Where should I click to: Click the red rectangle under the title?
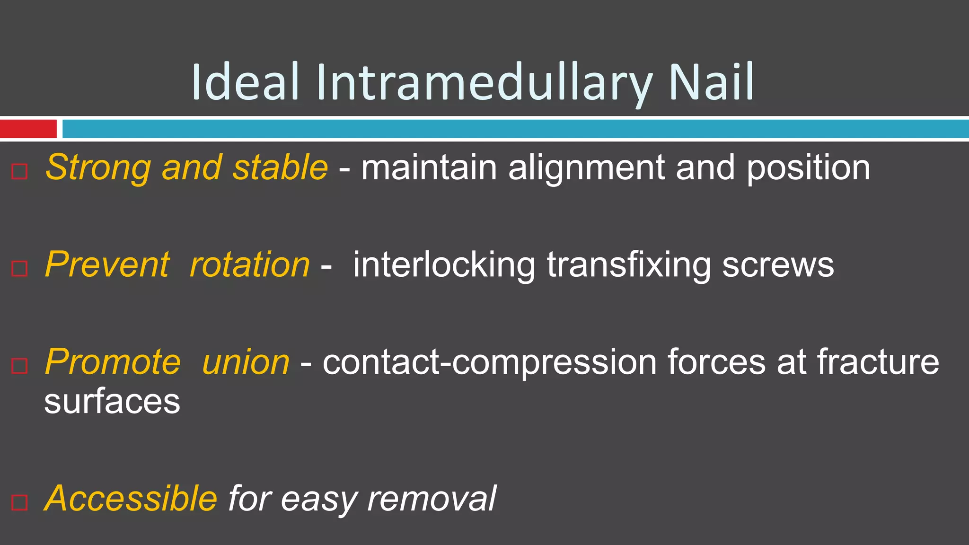(28, 129)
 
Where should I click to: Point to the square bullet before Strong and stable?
(19, 171)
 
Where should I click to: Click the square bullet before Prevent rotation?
(19, 268)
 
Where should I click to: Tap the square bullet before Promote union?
(19, 365)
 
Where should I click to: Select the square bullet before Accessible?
(19, 502)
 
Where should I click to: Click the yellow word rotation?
(249, 264)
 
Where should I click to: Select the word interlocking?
(444, 265)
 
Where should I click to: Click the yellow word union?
(246, 362)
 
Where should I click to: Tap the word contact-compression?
(489, 362)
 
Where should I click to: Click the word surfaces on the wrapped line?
(112, 402)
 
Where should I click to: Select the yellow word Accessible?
(131, 499)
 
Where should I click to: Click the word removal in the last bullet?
(431, 499)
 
